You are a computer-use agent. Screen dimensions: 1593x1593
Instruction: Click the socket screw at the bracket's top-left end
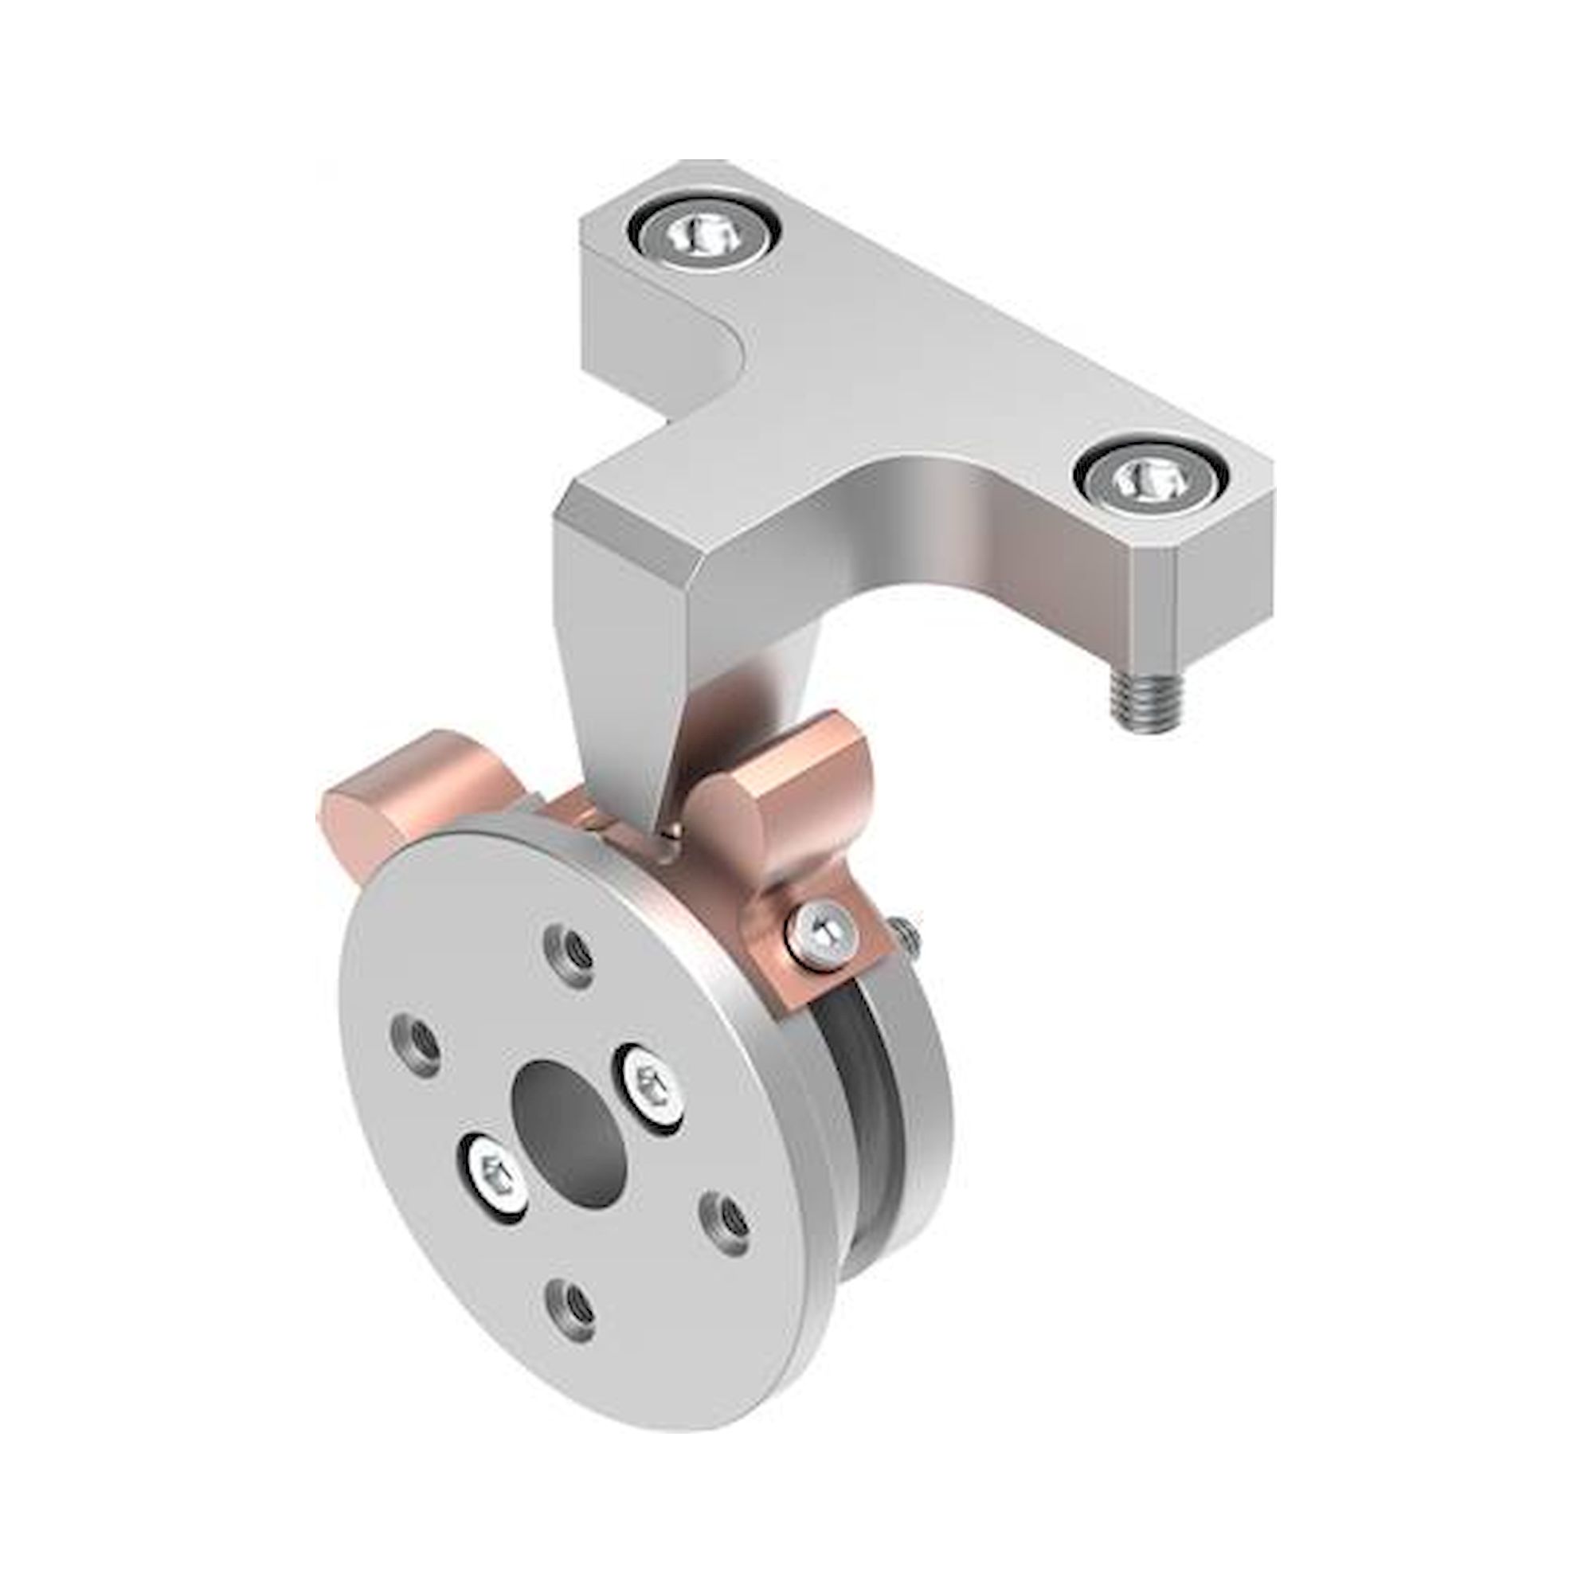point(703,236)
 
